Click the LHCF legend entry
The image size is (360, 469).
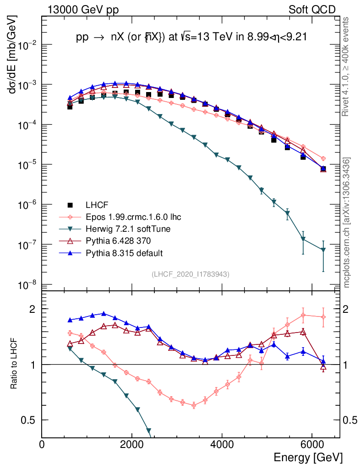(96, 205)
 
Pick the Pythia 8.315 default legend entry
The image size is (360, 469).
(120, 253)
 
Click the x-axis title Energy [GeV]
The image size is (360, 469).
(307, 457)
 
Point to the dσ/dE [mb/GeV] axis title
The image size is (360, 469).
(12, 55)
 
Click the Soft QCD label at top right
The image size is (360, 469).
(312, 10)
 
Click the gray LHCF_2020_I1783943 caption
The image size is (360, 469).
(191, 274)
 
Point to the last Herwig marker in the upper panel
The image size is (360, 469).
(323, 250)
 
